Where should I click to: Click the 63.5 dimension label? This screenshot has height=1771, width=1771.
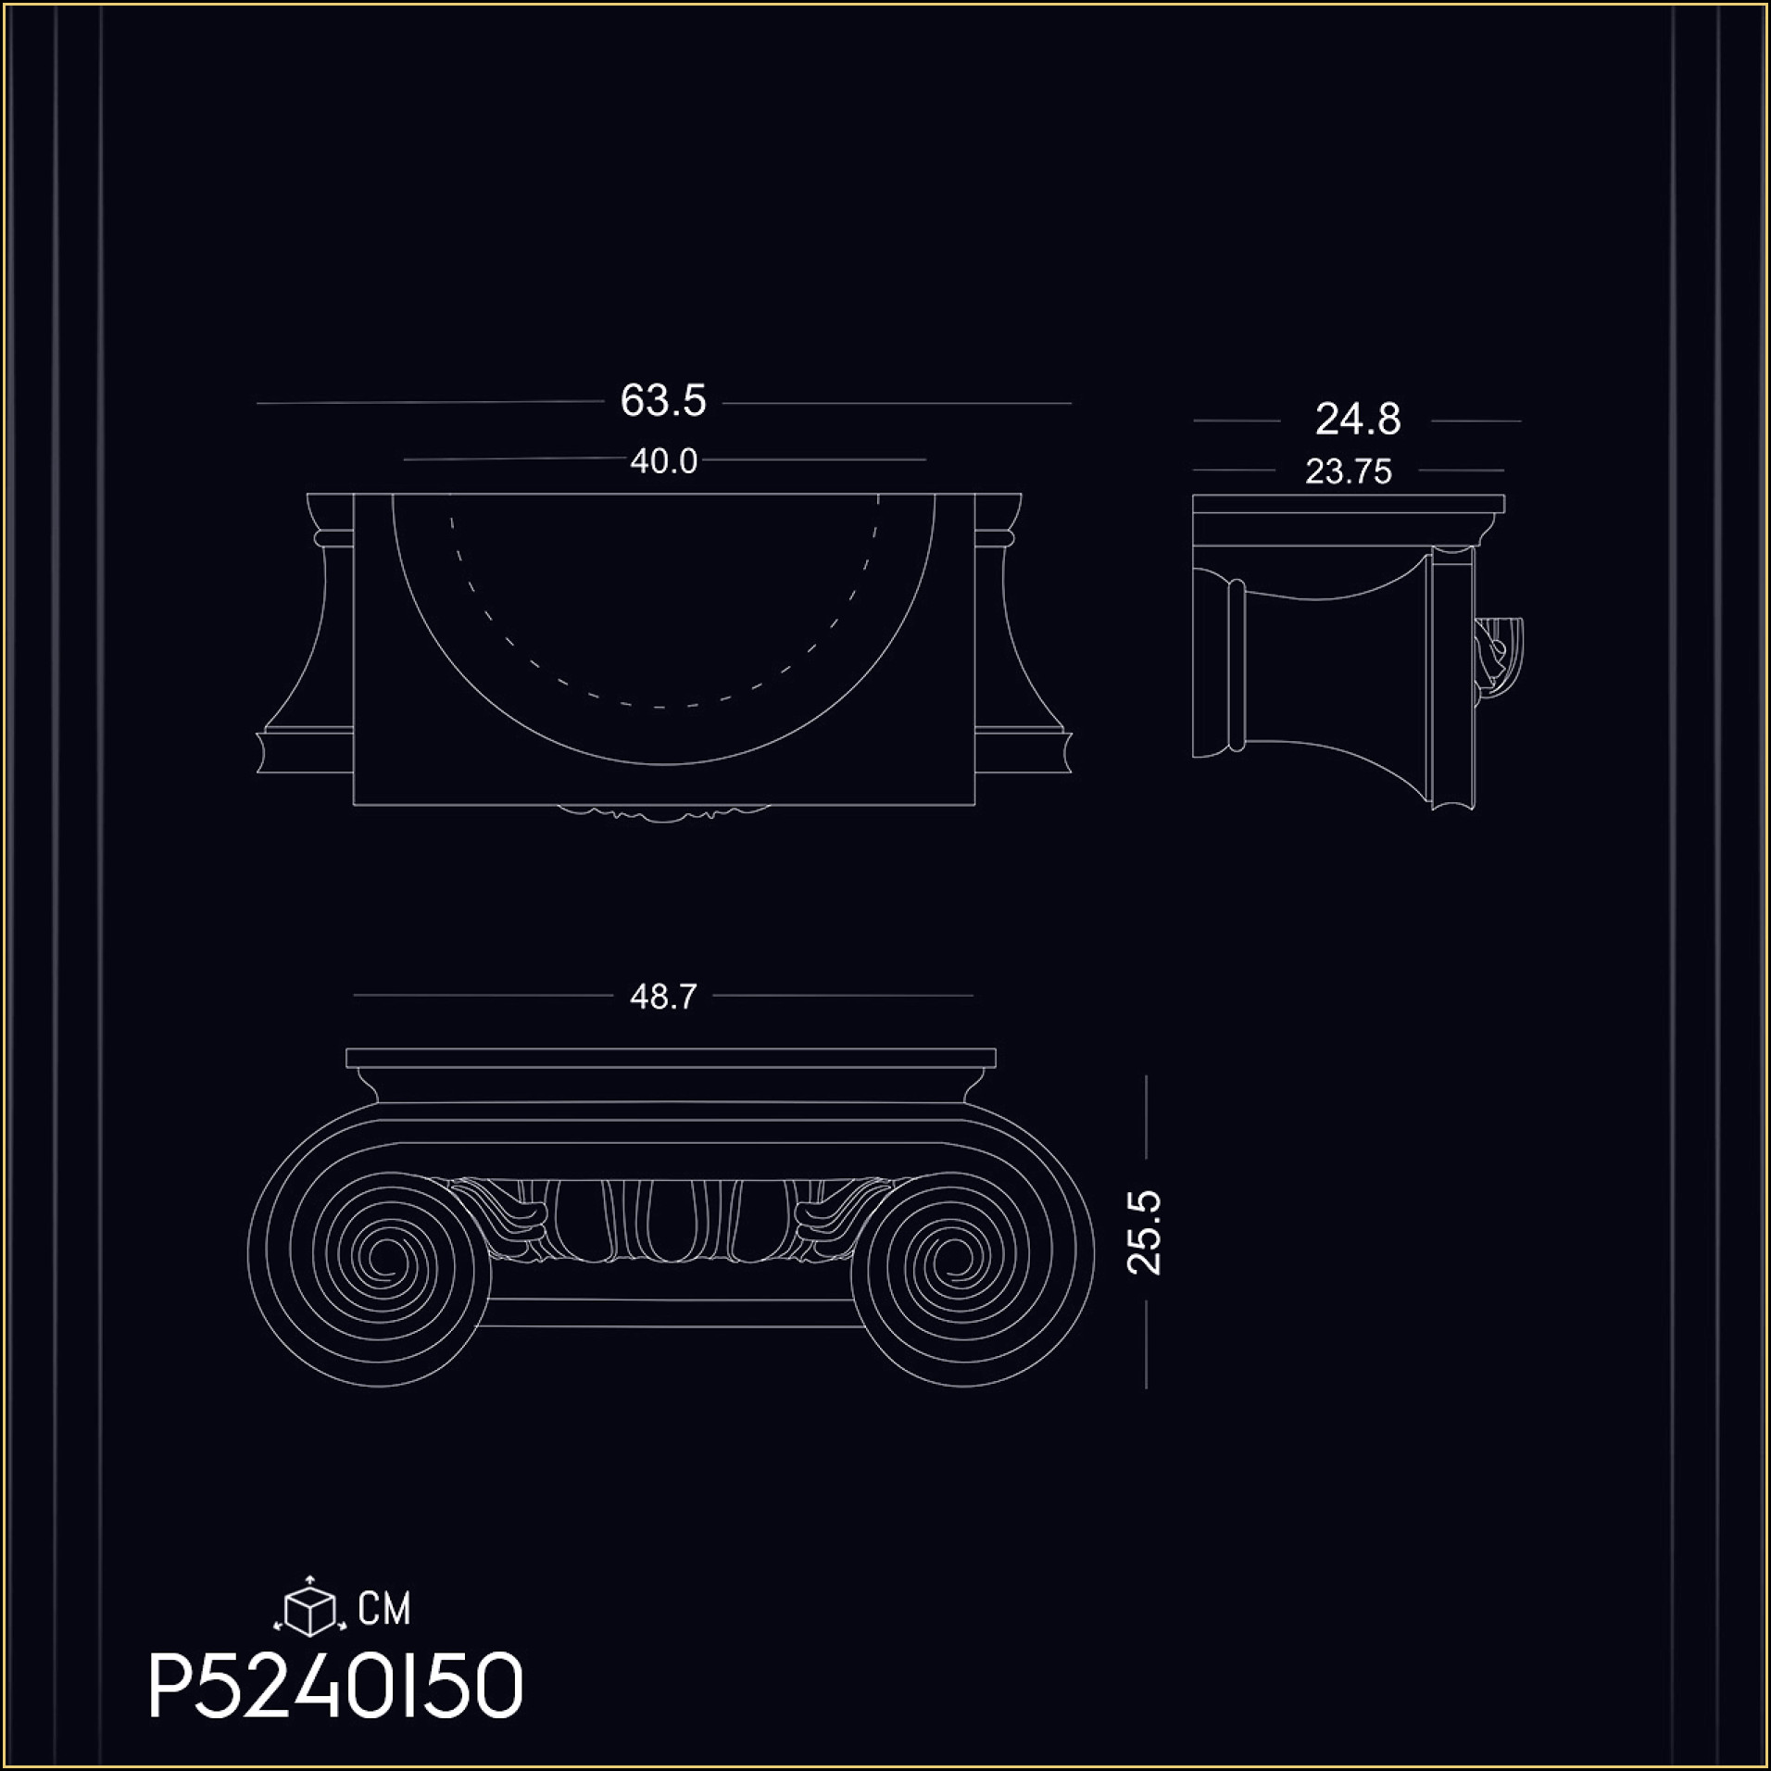coord(662,401)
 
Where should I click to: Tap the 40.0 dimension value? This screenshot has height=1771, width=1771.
coord(663,461)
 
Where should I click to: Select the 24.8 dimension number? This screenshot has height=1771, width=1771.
coord(1358,420)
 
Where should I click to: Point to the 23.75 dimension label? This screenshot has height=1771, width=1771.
coord(1349,472)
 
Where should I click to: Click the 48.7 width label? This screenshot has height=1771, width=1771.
coord(662,997)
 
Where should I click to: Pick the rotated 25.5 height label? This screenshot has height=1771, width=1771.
coord(1145,1233)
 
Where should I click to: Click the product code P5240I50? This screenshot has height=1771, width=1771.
coord(336,1688)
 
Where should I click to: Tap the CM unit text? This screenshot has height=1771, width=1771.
coord(384,1609)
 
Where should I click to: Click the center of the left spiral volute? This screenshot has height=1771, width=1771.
coord(381,1258)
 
